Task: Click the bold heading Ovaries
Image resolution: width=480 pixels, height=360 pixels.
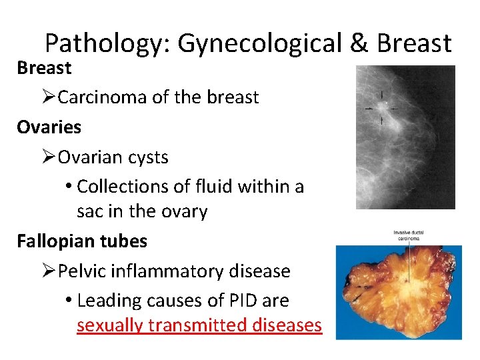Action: (49, 127)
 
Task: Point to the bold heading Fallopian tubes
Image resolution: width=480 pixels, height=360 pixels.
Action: (82, 241)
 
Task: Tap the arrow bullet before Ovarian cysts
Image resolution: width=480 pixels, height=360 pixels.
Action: (48, 157)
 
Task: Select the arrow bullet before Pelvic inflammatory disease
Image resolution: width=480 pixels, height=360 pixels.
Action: (48, 271)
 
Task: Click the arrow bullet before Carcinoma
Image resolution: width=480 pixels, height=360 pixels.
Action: (48, 97)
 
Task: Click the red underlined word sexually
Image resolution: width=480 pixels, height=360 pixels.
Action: (109, 325)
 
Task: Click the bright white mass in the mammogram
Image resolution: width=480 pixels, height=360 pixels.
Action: (381, 107)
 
